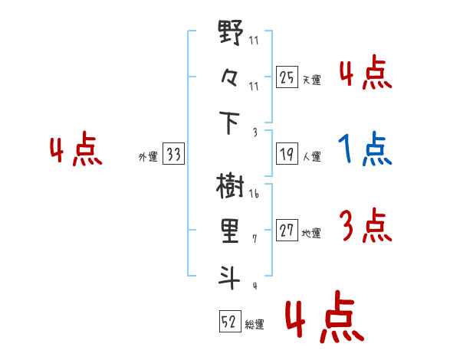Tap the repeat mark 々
pyautogui.click(x=231, y=80)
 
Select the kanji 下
pyautogui.click(x=231, y=123)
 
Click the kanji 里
pyautogui.click(x=231, y=231)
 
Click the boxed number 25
pyautogui.click(x=287, y=77)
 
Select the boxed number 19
pyautogui.click(x=287, y=155)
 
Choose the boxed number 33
pyautogui.click(x=174, y=155)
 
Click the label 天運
pyautogui.click(x=311, y=80)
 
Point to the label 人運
pyautogui.click(x=311, y=157)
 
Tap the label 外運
pyautogui.click(x=148, y=157)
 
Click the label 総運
pyautogui.click(x=255, y=325)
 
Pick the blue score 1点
pyautogui.click(x=365, y=150)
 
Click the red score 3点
pyautogui.click(x=365, y=227)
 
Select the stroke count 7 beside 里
pyautogui.click(x=254, y=240)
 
